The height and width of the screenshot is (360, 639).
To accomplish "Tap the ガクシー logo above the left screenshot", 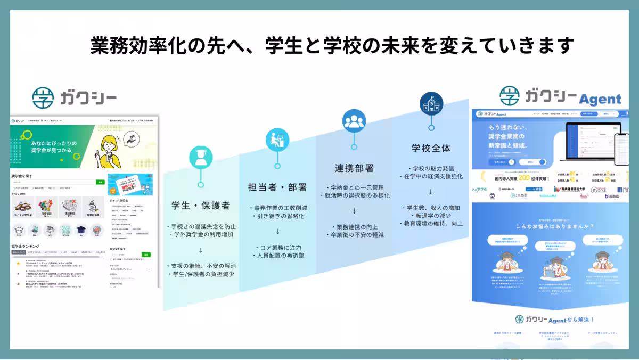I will (x=74, y=97).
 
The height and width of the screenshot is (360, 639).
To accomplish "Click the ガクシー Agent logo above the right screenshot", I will (x=560, y=97).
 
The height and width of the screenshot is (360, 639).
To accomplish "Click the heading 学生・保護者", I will (x=201, y=206).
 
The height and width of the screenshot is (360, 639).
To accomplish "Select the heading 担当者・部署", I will (x=277, y=187).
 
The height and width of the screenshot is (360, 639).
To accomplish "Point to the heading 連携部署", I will (x=354, y=168).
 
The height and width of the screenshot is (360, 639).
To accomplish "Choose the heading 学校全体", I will (x=431, y=148).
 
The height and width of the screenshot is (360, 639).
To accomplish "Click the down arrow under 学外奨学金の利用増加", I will (x=201, y=250).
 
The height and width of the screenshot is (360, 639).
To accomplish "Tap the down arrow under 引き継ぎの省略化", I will (x=277, y=232).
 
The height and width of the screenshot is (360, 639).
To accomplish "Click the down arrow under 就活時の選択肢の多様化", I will (x=354, y=211).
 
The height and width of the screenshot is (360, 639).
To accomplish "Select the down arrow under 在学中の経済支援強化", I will (x=431, y=192).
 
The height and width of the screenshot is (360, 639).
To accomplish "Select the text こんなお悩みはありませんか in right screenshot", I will (x=554, y=225).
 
